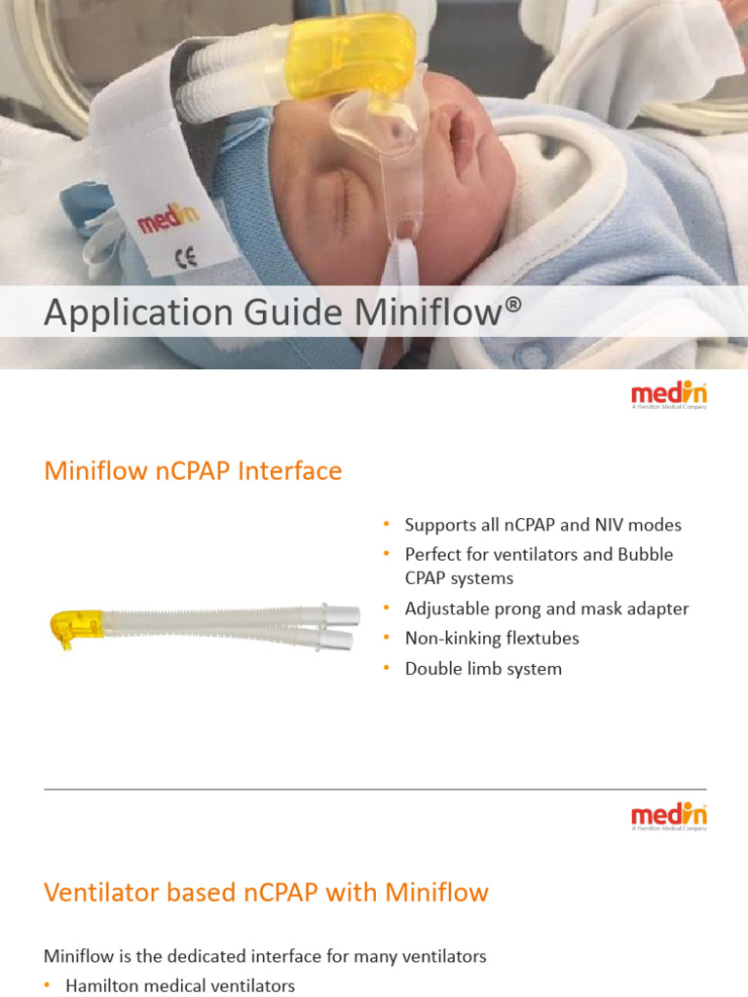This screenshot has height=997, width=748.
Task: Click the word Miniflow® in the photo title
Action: point(438,314)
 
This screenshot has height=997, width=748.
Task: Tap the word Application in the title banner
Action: point(120,314)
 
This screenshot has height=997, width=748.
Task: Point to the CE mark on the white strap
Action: point(184,259)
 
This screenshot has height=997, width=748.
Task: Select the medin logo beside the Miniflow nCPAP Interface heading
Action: point(669,394)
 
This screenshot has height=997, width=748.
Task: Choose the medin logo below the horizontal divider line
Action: point(669,816)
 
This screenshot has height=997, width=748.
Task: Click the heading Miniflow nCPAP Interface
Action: point(193,471)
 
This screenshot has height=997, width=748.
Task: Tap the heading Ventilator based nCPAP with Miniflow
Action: point(266,892)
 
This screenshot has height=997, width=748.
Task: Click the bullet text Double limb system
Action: point(483,669)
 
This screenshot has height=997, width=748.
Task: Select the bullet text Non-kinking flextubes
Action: point(492,639)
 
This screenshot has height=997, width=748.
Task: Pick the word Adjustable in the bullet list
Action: point(451,609)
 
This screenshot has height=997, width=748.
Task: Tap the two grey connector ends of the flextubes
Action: point(341,627)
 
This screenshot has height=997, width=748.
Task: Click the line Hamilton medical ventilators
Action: point(180,985)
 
